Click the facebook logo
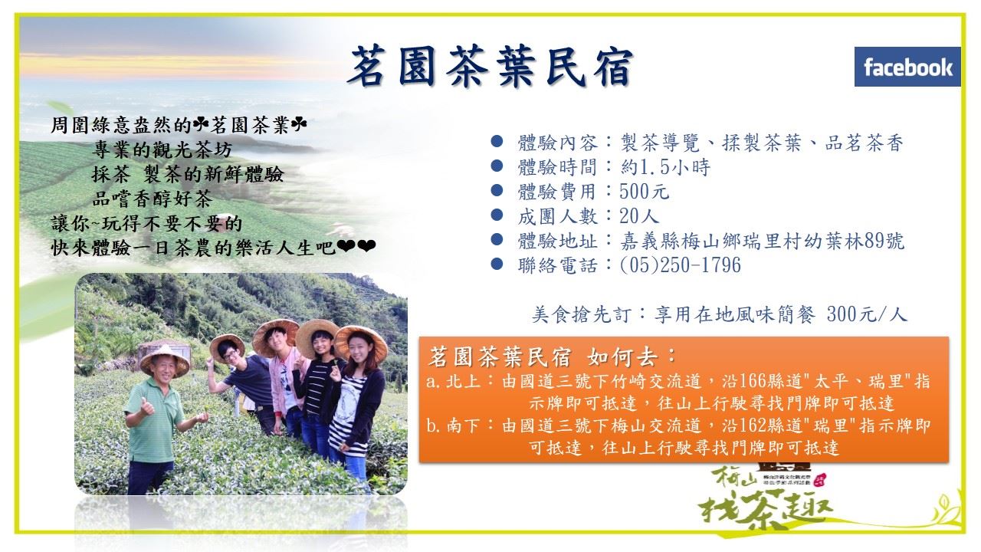[x=907, y=67]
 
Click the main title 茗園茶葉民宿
[x=490, y=66]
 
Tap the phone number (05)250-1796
[x=680, y=265]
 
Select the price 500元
[x=645, y=192]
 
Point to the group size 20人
[x=639, y=216]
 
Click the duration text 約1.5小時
[x=665, y=167]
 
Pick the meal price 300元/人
[x=867, y=314]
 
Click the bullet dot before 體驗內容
[x=497, y=141]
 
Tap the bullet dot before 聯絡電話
[x=497, y=264]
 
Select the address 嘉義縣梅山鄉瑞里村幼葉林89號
[x=762, y=241]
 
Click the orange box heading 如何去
[x=631, y=357]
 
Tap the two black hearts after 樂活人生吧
[x=356, y=246]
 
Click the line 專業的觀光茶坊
[x=162, y=149]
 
